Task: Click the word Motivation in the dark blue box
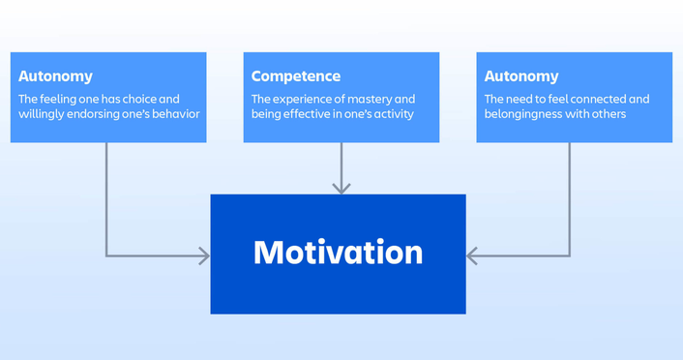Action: coord(338,253)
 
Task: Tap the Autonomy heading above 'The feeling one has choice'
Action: coord(56,76)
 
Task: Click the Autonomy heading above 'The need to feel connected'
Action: coord(521,76)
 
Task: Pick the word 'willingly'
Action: coord(41,114)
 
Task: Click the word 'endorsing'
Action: coord(94,114)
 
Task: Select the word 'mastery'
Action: coord(371,99)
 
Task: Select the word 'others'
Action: coord(607,114)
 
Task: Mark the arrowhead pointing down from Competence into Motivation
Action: coord(341,187)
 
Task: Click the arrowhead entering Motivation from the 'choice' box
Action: coord(203,255)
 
